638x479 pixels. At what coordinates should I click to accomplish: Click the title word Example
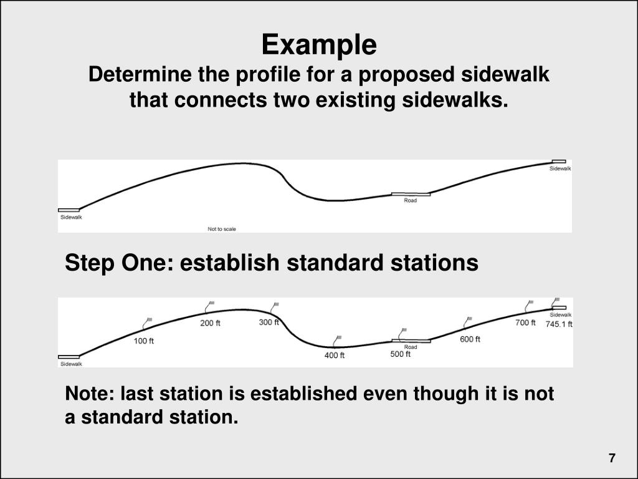coord(319,45)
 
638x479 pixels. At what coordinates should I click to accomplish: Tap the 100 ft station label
coord(143,341)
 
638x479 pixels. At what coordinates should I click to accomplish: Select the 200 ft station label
coord(210,323)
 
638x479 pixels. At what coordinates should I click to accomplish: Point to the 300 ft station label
coord(269,322)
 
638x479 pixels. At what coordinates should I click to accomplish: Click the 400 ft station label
coord(335,356)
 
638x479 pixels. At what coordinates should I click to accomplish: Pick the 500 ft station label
coord(401,354)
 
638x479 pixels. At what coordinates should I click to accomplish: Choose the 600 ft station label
coord(470,339)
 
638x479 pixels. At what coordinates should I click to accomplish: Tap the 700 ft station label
coord(525,322)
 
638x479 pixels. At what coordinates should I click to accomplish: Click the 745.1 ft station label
coord(559,324)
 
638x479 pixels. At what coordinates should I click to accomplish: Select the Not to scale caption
coord(222,229)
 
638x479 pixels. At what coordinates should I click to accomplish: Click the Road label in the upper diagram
coord(411,200)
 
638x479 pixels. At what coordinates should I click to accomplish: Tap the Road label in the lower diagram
coord(411,347)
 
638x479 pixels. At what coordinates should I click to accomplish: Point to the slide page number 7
coord(612,458)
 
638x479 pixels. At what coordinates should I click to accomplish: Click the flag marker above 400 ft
coord(338,339)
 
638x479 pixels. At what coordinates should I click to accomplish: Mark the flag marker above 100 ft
coord(148,322)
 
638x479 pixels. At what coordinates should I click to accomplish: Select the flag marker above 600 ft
coord(467,321)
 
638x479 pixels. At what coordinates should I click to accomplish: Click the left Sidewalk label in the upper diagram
coord(70,217)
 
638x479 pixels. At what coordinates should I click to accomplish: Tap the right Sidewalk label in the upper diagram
coord(560,168)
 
